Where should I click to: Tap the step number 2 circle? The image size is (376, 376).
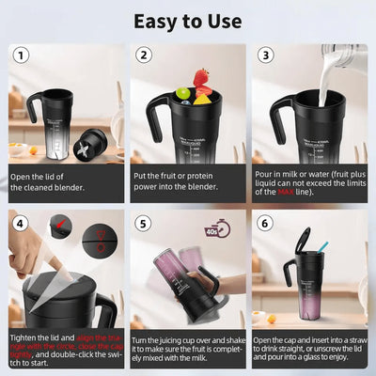144,55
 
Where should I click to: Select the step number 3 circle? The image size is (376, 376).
265,55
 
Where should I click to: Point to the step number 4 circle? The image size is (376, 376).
22,224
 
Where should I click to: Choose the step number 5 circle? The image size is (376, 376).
144,224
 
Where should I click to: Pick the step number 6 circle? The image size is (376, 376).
265,224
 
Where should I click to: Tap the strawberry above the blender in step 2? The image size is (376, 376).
201,76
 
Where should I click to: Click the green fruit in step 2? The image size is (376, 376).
182,94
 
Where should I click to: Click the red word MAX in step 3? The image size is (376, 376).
285,192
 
